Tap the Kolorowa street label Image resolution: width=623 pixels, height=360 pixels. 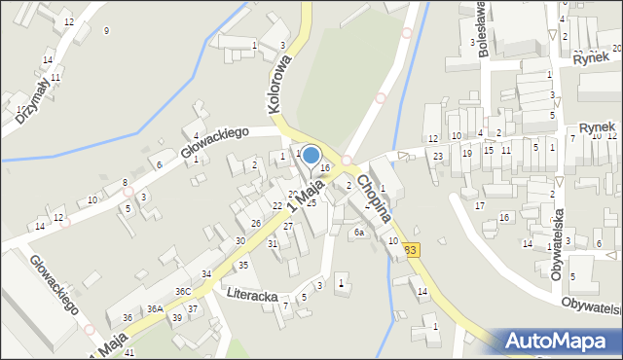[x=275, y=84]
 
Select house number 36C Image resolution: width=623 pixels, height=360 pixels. [x=183, y=291]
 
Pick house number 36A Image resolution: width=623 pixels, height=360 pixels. [x=154, y=309]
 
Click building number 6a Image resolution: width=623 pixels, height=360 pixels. [x=358, y=233]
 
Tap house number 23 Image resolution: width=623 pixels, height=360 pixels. [x=438, y=157]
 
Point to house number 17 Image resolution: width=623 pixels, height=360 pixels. [x=479, y=206]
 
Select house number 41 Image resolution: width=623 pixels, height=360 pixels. [x=129, y=352]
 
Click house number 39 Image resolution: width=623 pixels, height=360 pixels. [x=176, y=318]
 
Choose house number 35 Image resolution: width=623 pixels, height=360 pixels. [x=243, y=265]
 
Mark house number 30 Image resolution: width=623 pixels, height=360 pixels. [x=240, y=240]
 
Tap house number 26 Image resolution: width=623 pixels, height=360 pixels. [x=256, y=224]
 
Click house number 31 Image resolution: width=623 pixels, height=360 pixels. [x=273, y=243]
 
